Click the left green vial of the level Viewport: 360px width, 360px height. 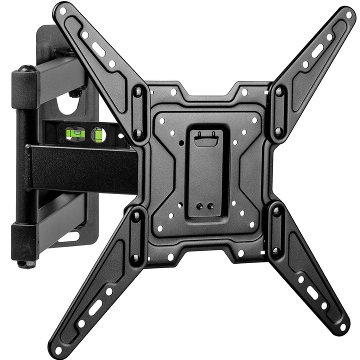(74, 133)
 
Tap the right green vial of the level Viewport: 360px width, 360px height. (98, 134)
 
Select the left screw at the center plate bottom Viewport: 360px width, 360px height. (199, 205)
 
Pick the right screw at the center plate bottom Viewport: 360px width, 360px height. (210, 205)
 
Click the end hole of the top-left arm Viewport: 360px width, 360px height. (63, 10)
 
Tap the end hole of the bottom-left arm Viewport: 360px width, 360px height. (59, 349)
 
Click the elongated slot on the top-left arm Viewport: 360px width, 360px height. (98, 49)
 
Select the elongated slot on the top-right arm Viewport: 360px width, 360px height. (317, 50)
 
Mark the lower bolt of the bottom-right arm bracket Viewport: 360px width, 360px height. (275, 251)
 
